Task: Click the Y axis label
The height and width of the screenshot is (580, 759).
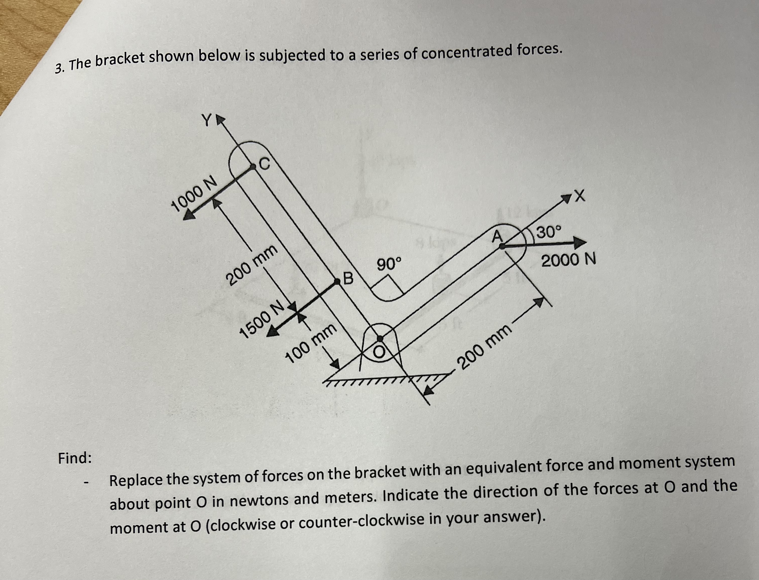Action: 206,121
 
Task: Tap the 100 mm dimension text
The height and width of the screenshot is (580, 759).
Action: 311,343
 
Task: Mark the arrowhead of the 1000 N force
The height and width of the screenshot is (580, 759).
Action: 189,214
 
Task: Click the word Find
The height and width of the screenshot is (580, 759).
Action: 75,458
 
